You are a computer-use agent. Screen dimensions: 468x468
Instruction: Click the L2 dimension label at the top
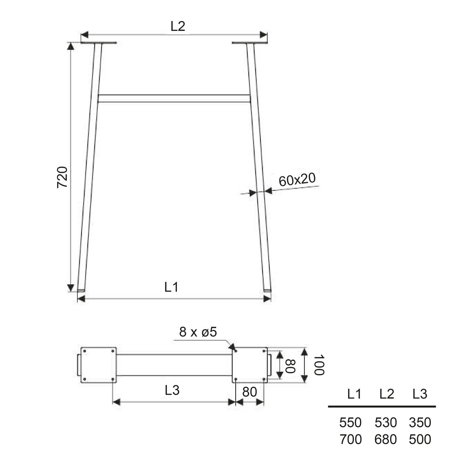(x=178, y=27)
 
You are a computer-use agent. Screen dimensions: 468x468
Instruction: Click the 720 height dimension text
(x=62, y=177)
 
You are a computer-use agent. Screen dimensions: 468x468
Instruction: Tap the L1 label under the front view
(x=171, y=287)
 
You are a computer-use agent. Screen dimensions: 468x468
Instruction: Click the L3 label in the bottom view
(x=172, y=390)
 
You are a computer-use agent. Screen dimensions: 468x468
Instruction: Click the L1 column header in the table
(x=354, y=394)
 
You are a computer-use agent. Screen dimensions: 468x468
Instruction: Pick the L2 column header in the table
(x=387, y=394)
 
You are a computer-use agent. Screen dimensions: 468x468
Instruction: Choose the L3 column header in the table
(x=420, y=394)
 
